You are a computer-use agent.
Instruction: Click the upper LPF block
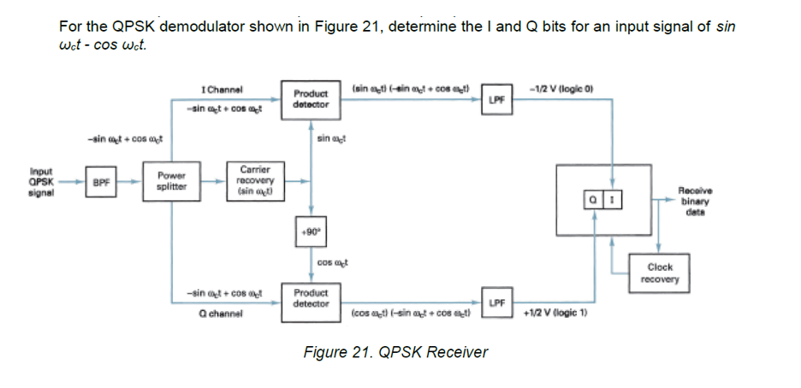tap(497, 100)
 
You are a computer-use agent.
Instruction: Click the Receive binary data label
tap(694, 200)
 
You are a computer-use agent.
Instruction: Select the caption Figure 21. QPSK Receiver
tap(395, 352)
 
